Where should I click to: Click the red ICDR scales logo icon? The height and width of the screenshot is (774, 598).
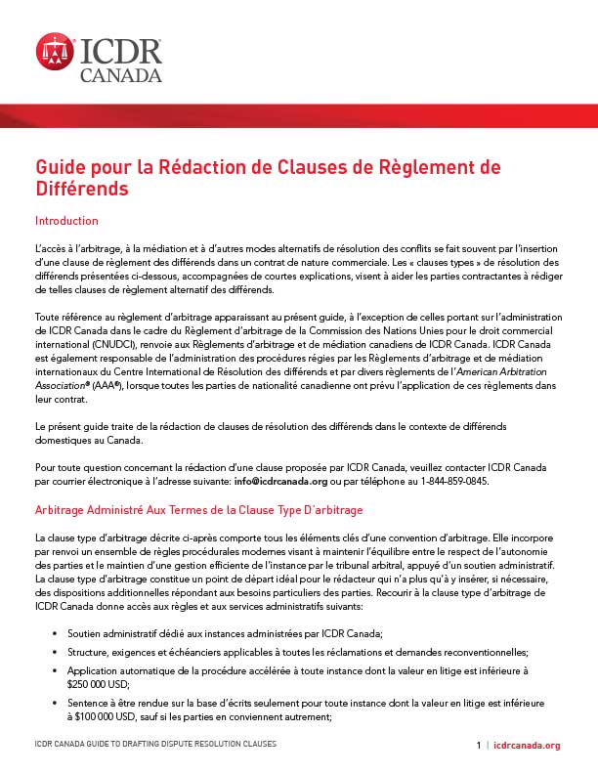56,52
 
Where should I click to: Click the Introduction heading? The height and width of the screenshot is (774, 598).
66,221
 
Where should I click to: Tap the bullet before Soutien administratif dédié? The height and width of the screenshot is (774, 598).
54,635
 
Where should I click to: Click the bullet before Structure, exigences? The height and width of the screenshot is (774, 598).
54,652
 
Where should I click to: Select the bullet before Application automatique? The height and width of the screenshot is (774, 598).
54,671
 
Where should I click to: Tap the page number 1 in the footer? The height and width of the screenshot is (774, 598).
479,745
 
